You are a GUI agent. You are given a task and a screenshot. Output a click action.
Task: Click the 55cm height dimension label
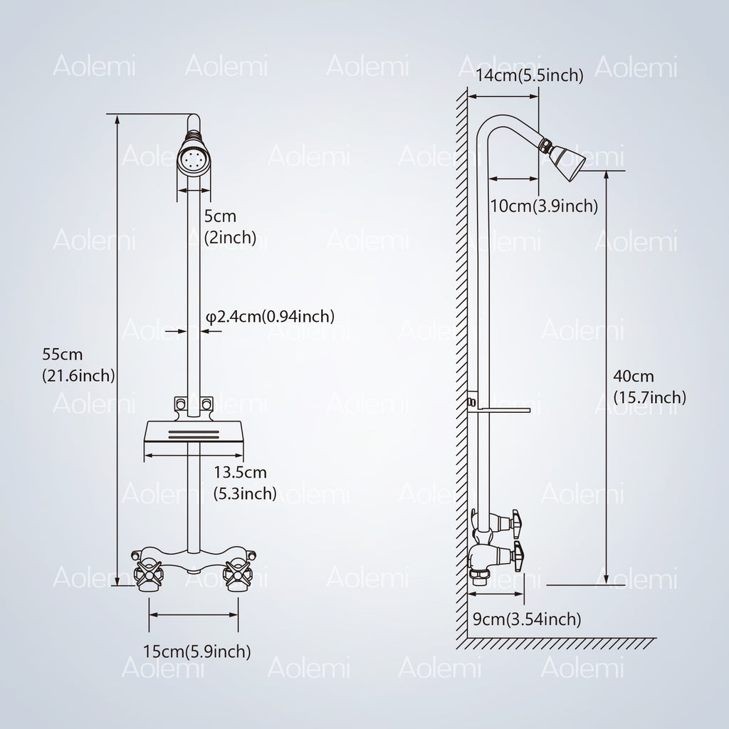(78, 365)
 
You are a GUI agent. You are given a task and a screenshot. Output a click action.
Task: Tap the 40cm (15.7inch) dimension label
(649, 387)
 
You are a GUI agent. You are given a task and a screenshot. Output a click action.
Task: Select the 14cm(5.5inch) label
(529, 75)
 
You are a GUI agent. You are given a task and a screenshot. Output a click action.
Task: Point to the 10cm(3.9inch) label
(544, 206)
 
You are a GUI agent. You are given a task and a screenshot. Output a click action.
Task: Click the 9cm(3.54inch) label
(527, 619)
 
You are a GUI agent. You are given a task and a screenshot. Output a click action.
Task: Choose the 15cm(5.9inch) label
(196, 651)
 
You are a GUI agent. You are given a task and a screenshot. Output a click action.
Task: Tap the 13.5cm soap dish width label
(245, 483)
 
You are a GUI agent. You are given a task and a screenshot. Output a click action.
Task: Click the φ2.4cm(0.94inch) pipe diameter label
(270, 317)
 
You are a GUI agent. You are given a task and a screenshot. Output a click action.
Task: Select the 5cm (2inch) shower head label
(230, 227)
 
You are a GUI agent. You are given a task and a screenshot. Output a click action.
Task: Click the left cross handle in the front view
(149, 575)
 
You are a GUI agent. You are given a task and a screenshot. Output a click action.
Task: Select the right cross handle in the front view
(238, 575)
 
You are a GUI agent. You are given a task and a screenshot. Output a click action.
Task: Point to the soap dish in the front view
(194, 431)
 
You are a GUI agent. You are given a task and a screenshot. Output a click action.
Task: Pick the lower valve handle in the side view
(518, 554)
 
